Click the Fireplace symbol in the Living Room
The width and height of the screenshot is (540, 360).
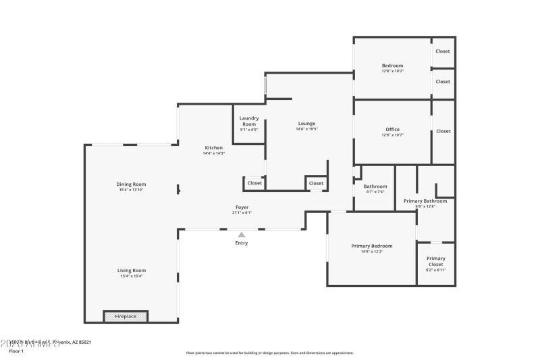coord(126,316)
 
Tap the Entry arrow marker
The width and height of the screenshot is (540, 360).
coord(241,234)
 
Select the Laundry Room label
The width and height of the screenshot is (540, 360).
coord(248,122)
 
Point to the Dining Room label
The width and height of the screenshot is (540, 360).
coord(132,184)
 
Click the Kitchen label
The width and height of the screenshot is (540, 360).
coord(214,148)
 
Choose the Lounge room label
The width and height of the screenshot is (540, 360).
coord(306,124)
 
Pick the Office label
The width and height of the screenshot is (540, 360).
coord(392,130)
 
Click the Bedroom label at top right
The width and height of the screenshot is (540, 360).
coord(392,66)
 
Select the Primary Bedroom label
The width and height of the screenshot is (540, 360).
coord(371,246)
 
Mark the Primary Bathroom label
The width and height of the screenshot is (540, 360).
coord(425,201)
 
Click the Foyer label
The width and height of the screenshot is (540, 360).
coord(242,207)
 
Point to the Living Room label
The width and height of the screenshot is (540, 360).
coord(132,270)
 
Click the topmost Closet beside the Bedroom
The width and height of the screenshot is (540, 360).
coord(443,51)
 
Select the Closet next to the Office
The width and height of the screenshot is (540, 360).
coord(443,131)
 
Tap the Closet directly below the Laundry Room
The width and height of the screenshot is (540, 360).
coord(254,183)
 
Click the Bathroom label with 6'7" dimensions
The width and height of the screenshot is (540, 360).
coord(375,186)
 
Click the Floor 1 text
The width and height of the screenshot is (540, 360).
coord(16,351)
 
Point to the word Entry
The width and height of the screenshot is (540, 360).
coord(241,243)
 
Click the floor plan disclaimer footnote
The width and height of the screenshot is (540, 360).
coord(270,353)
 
